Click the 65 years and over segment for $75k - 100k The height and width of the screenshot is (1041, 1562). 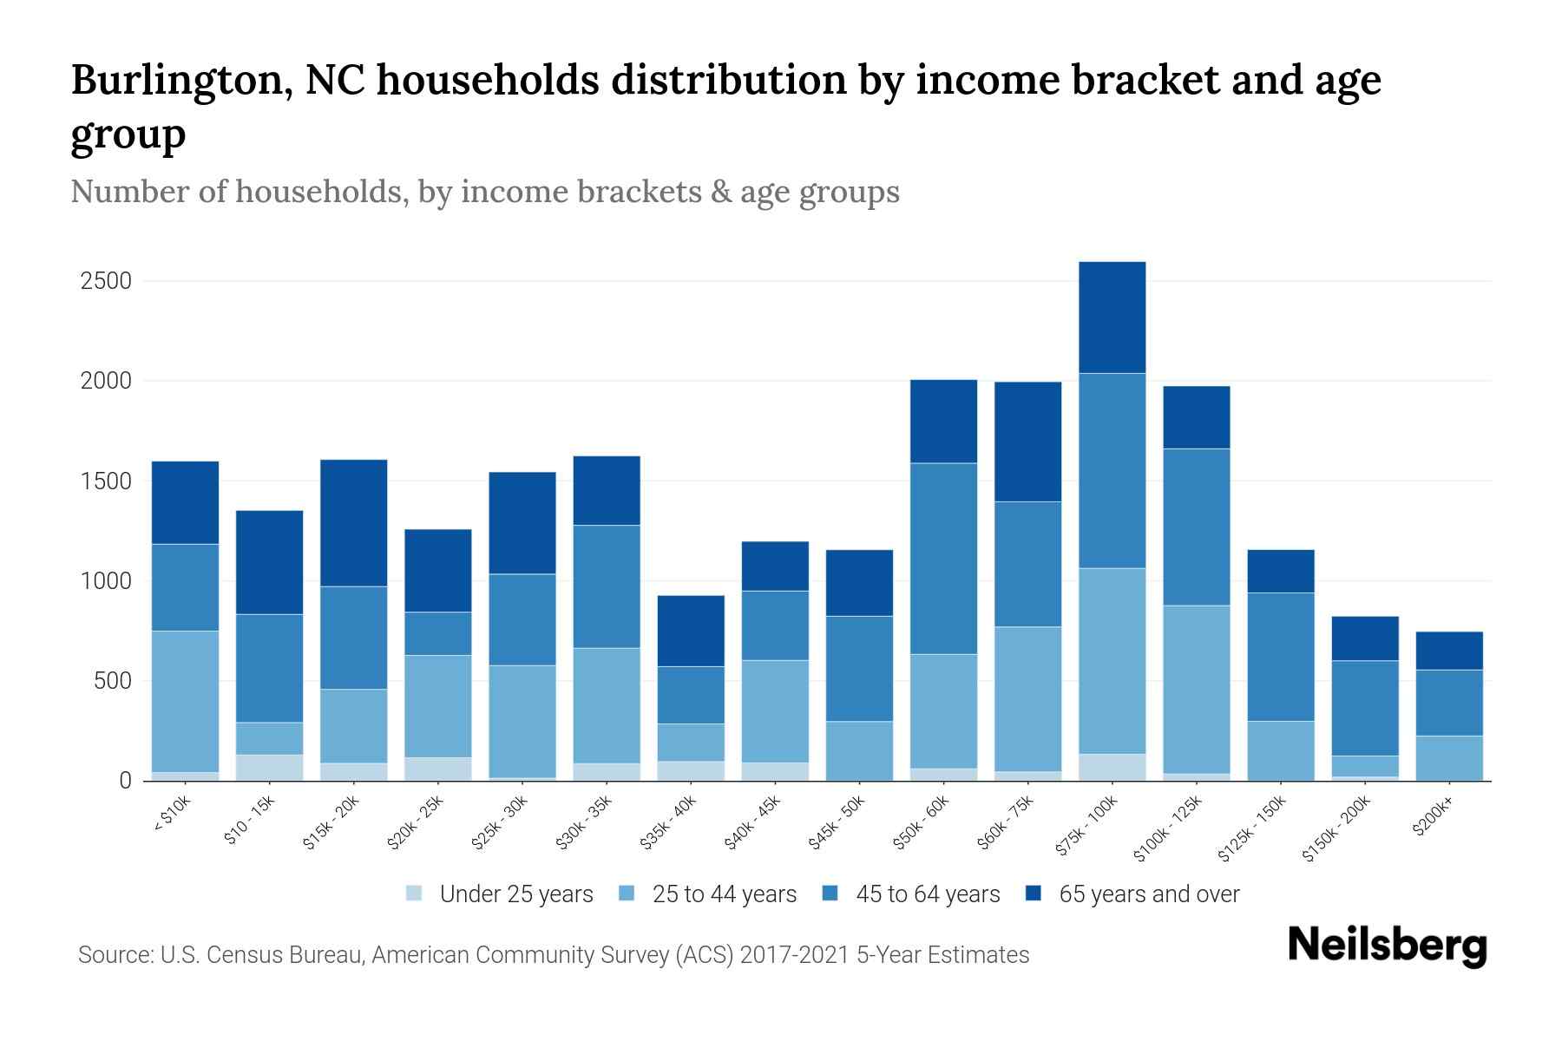coord(1112,318)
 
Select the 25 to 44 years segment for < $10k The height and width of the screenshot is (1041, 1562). coord(185,701)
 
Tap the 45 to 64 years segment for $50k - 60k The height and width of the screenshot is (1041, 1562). coord(943,559)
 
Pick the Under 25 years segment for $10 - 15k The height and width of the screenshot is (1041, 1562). coord(269,767)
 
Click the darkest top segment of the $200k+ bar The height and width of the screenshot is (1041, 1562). coord(1449,651)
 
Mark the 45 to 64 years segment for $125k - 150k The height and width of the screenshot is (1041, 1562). coord(1280,657)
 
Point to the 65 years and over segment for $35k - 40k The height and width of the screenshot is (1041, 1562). coord(691,631)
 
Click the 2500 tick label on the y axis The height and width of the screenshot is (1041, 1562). coord(105,281)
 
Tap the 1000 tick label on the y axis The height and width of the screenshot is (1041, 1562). coord(105,581)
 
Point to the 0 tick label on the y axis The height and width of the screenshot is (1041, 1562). coord(125,781)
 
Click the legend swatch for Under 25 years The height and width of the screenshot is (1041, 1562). coord(414,893)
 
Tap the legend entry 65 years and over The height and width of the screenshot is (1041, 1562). coord(1148,894)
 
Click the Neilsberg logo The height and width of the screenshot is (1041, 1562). coord(1387,946)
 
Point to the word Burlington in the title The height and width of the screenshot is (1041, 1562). coord(174,80)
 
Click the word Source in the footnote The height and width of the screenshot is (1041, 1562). coord(113,955)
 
